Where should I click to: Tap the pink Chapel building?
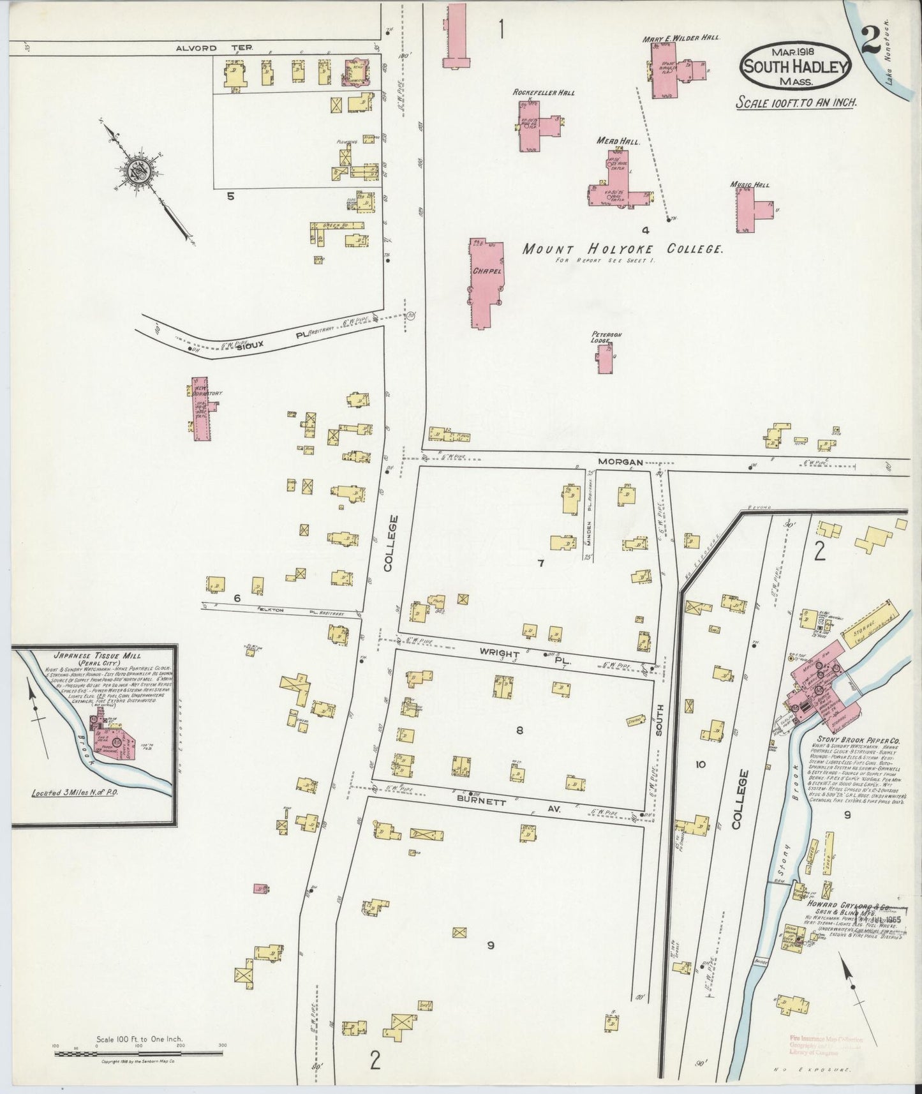[x=486, y=281]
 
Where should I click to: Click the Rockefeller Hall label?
[x=544, y=93]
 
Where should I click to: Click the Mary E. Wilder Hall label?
[x=681, y=38]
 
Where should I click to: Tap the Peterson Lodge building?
[x=604, y=359]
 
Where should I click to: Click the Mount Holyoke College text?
[x=622, y=250]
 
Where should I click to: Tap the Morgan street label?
[x=620, y=461]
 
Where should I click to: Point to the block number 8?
[x=519, y=730]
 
